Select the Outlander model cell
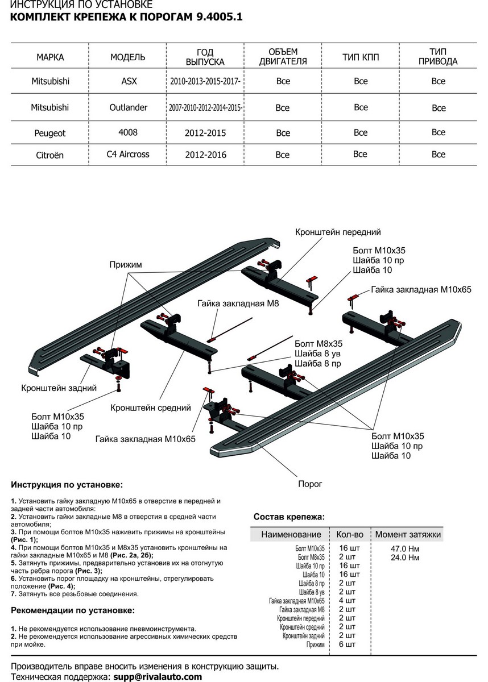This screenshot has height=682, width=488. pyautogui.click(x=129, y=107)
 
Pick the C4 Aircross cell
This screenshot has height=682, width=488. pyautogui.click(x=129, y=155)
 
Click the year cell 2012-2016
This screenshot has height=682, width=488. pyautogui.click(x=205, y=155)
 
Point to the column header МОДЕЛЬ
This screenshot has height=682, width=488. pyautogui.click(x=127, y=57)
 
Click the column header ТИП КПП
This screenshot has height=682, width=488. pyautogui.click(x=361, y=57)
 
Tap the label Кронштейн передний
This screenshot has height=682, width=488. pyautogui.click(x=338, y=232)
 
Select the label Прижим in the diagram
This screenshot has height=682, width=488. pyautogui.click(x=126, y=264)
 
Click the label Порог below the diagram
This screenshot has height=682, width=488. pyautogui.click(x=310, y=484)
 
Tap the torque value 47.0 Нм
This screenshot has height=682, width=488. pyautogui.click(x=407, y=550)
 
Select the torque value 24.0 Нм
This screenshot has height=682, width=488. pyautogui.click(x=407, y=558)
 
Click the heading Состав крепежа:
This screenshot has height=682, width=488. pyautogui.click(x=288, y=517)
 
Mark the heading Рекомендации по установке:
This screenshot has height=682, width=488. pyautogui.click(x=73, y=610)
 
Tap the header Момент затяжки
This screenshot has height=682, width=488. pyautogui.click(x=407, y=535)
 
